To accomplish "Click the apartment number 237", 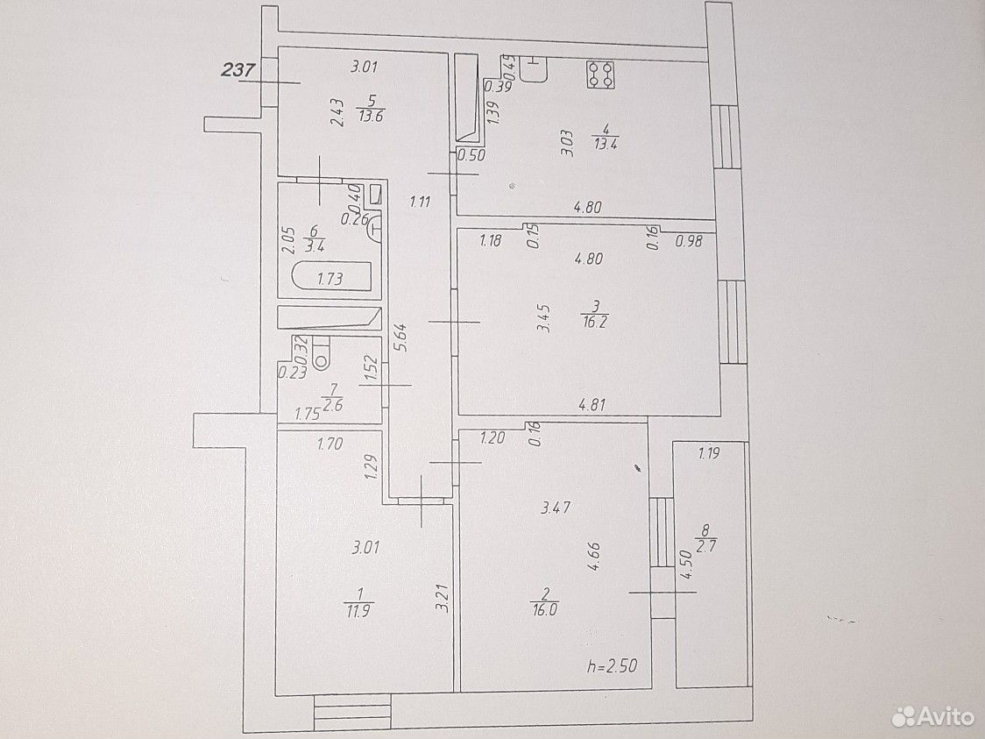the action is [238, 69].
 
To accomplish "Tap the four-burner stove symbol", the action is [600, 75].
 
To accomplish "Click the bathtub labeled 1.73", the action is [332, 277].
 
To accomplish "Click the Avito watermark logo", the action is [933, 715].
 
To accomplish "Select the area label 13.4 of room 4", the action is [605, 143].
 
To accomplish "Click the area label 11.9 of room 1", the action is [358, 610].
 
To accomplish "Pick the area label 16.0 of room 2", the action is [544, 609].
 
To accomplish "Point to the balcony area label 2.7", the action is [706, 546].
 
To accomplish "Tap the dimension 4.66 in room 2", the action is [593, 557].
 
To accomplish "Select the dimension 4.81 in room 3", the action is [592, 405].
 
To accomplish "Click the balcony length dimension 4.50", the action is [685, 565].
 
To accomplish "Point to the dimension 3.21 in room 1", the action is [443, 598].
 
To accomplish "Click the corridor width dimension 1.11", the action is [420, 202].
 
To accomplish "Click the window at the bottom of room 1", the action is [352, 712].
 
